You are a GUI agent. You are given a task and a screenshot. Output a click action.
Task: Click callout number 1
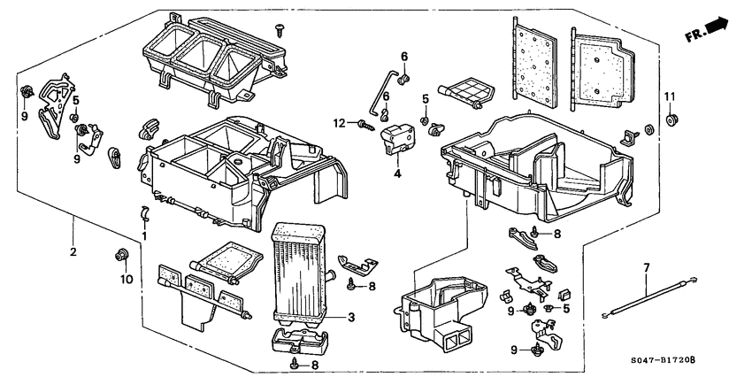tap(144, 236)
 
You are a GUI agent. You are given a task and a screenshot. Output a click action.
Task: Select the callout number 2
tap(73, 252)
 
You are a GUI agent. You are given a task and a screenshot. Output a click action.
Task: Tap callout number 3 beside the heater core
tap(350, 317)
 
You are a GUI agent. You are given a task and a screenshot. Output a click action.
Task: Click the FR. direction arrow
tap(711, 30)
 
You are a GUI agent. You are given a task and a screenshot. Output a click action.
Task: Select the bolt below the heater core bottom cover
tap(294, 362)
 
